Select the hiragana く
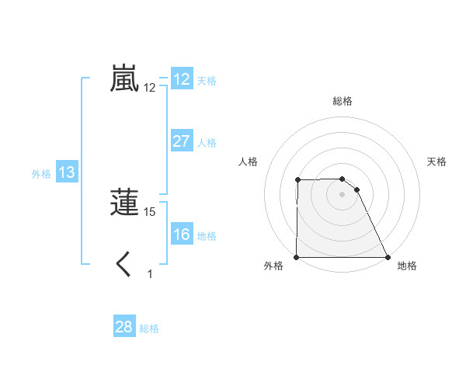pyautogui.click(x=123, y=265)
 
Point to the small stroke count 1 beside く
pyautogui.click(x=150, y=273)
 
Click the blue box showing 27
pyautogui.click(x=182, y=141)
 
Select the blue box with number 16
pyautogui.click(x=182, y=235)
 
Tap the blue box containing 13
pyautogui.click(x=67, y=172)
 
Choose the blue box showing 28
pyautogui.click(x=124, y=327)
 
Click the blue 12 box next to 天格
pyautogui.click(x=182, y=79)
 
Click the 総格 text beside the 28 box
pyautogui.click(x=149, y=328)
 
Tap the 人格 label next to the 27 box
pyautogui.click(x=207, y=143)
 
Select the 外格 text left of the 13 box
pyautogui.click(x=41, y=174)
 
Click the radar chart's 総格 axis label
pyautogui.click(x=343, y=101)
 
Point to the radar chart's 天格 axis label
pyautogui.click(x=437, y=162)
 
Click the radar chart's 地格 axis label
pyautogui.click(x=406, y=266)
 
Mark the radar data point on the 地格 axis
pyautogui.click(x=388, y=257)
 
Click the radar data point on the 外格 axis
pyautogui.click(x=297, y=257)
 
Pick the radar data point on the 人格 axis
pyautogui.click(x=298, y=180)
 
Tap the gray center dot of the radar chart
pyautogui.click(x=343, y=194)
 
